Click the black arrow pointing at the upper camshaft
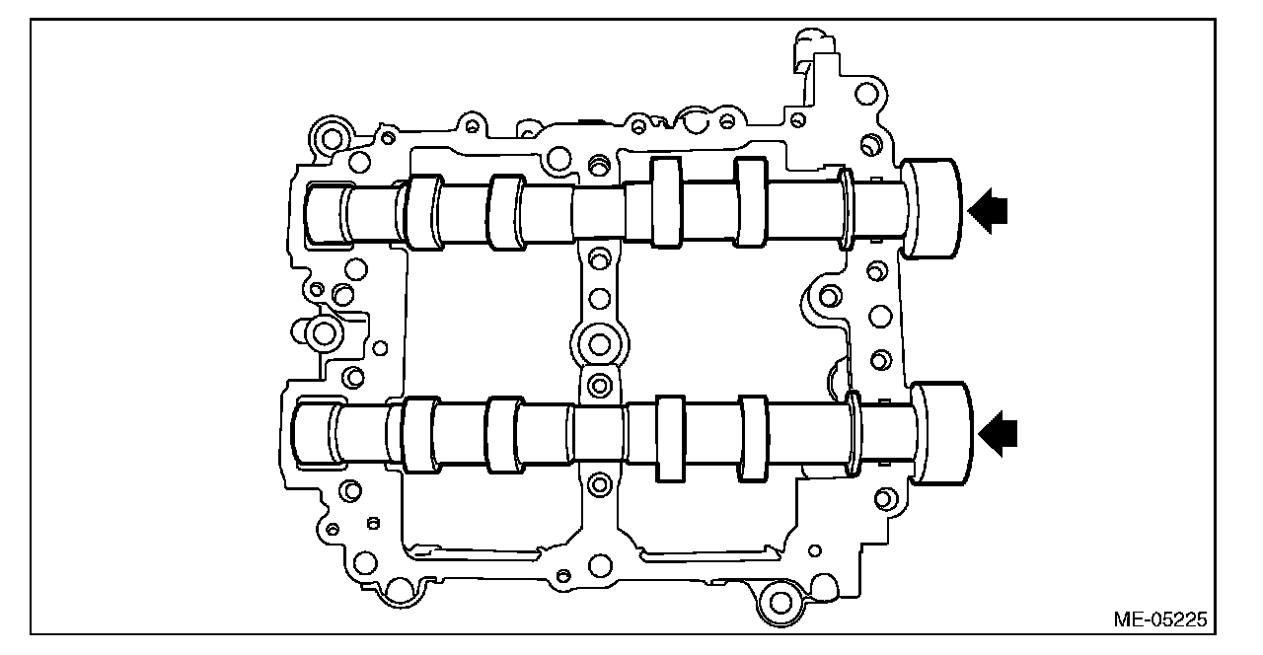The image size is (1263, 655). pyautogui.click(x=987, y=209)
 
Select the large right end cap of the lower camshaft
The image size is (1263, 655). pyautogui.click(x=940, y=433)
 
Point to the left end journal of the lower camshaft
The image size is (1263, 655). pyautogui.click(x=318, y=435)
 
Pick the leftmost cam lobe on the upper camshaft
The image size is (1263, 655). pyautogui.click(x=424, y=212)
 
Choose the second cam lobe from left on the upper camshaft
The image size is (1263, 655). pyautogui.click(x=506, y=211)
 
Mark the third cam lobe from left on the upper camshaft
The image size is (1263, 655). pyautogui.click(x=666, y=200)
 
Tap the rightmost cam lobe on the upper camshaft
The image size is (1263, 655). pyautogui.click(x=750, y=200)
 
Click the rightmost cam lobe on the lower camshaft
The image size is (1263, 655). pyautogui.click(x=753, y=440)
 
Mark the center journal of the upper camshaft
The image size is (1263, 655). pyautogui.click(x=598, y=211)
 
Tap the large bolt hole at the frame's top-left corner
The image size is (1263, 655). pyautogui.click(x=330, y=135)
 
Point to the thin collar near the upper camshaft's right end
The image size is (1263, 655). pyautogui.click(x=847, y=208)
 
